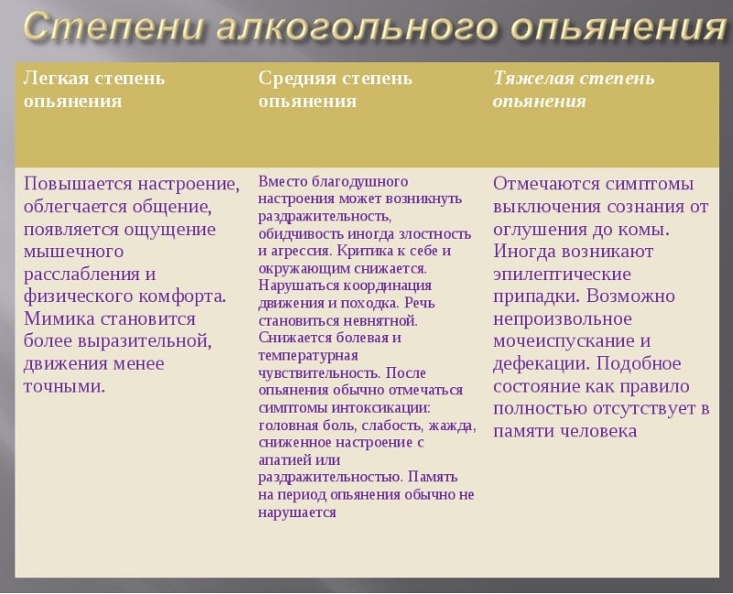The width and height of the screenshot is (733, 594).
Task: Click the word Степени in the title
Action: tap(110, 28)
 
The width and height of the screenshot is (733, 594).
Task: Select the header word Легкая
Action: tap(54, 78)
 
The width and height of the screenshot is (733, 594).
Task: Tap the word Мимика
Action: tap(61, 319)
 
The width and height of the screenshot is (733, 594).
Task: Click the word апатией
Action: tap(285, 459)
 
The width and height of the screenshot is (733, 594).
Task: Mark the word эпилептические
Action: tap(562, 274)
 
